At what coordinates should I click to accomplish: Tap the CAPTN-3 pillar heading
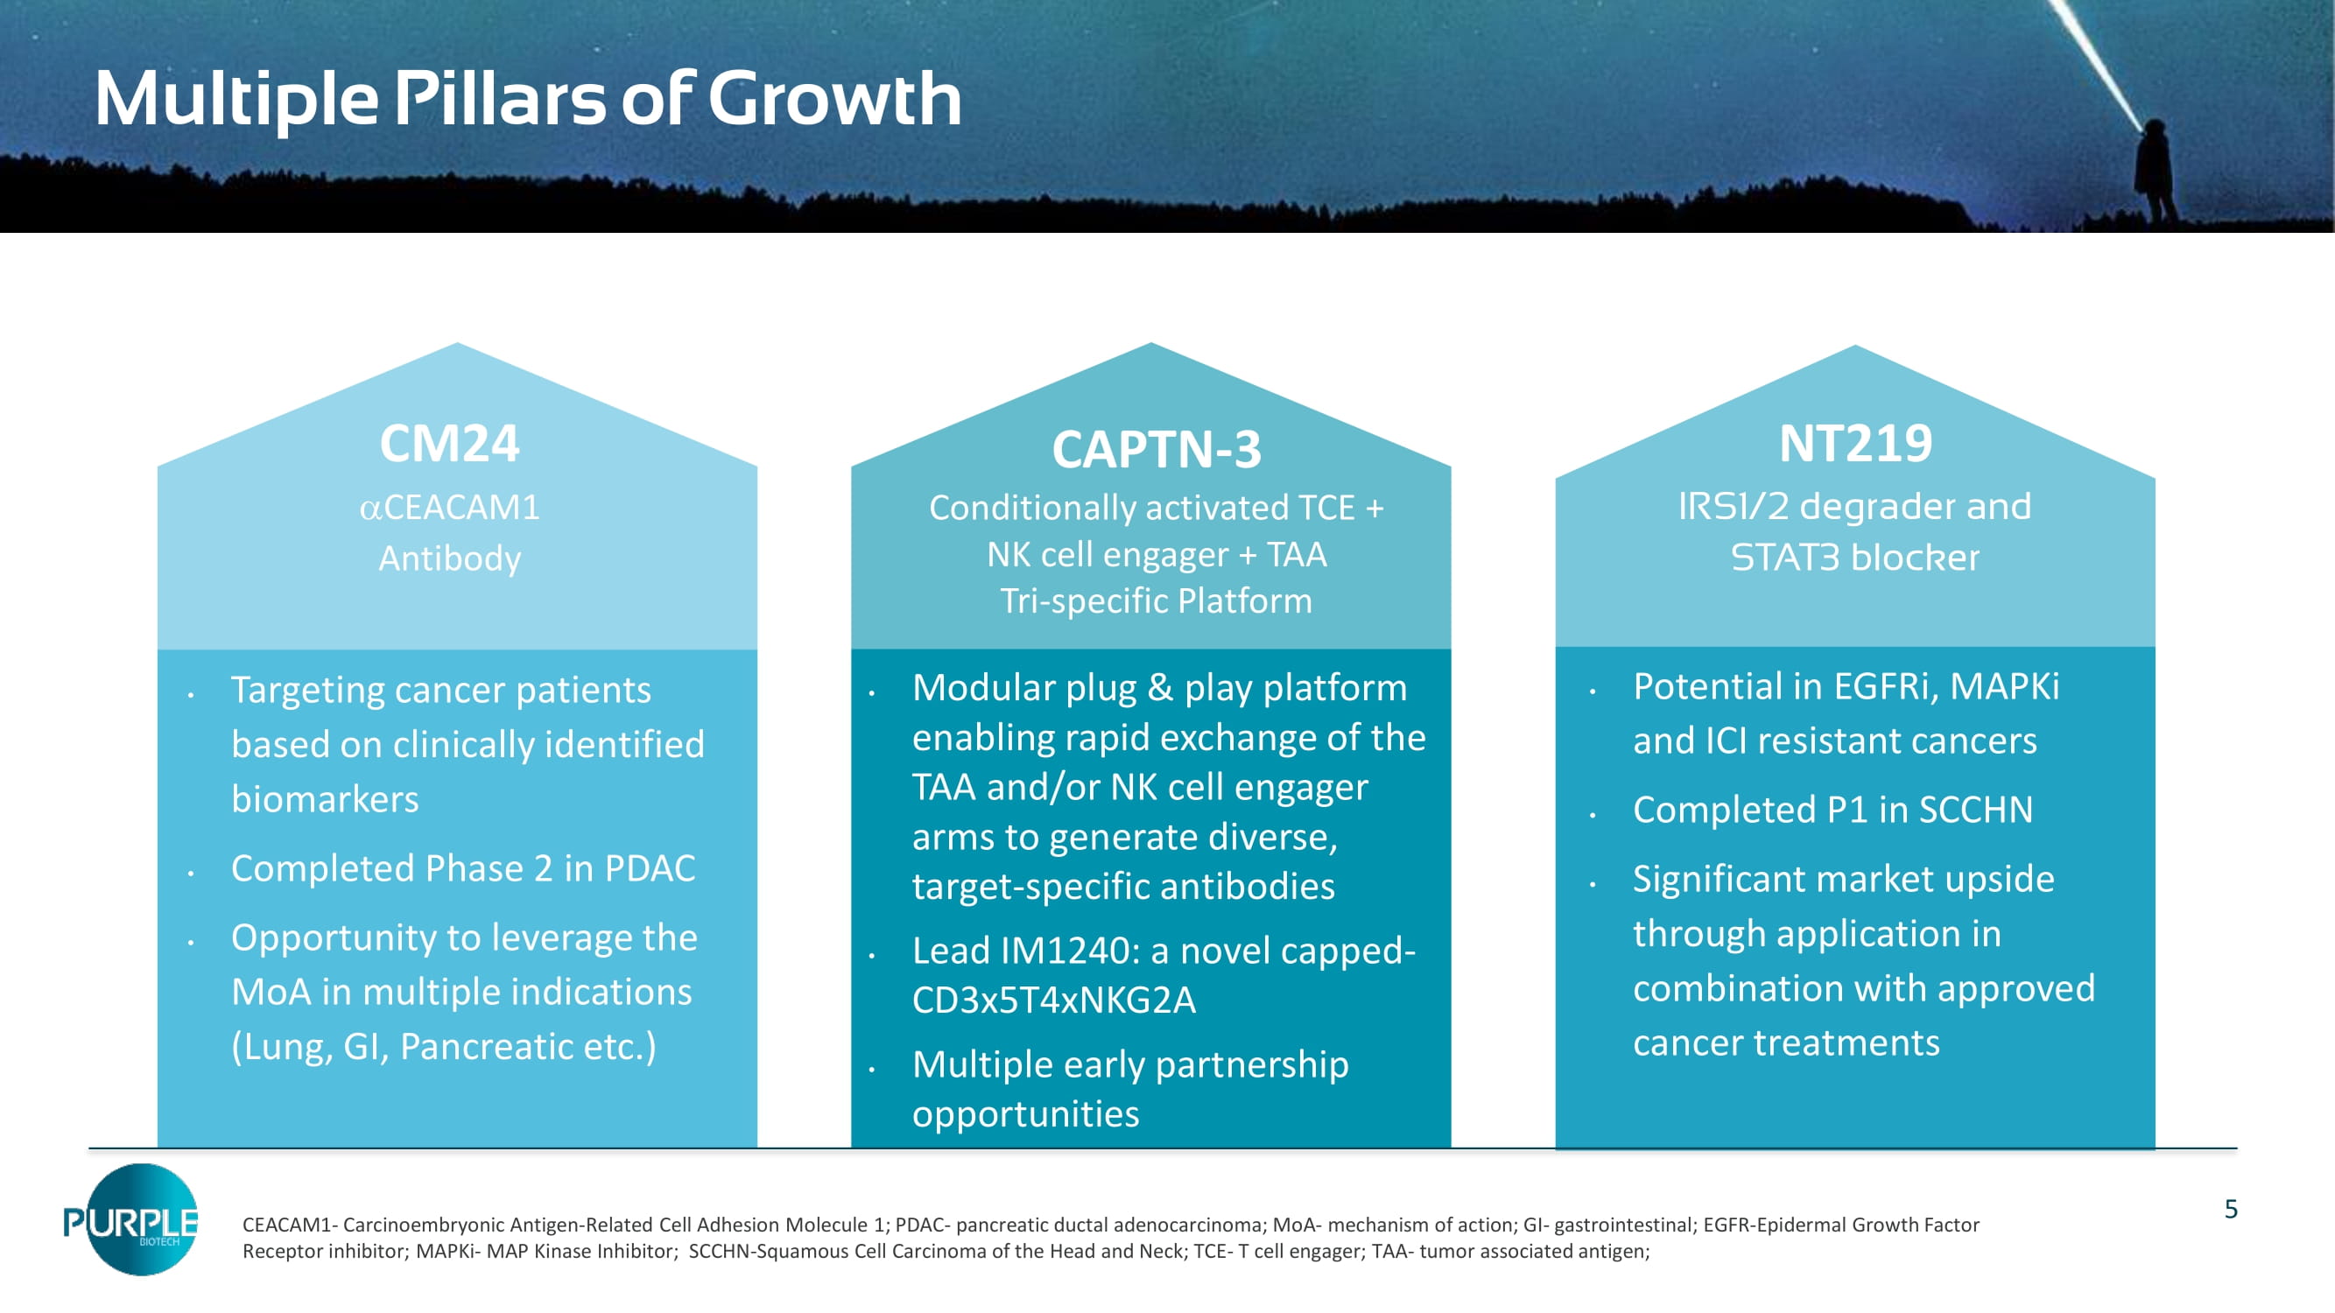point(1156,449)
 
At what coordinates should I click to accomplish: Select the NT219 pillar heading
point(1855,444)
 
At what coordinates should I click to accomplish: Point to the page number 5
point(2231,1209)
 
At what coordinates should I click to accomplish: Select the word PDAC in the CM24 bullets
point(650,868)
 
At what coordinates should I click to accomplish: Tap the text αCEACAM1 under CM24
point(450,508)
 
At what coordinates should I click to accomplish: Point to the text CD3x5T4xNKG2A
point(1053,1001)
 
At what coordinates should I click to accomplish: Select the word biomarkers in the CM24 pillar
point(325,799)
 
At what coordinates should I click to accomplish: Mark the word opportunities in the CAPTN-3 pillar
point(1024,1113)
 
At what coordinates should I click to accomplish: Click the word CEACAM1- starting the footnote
point(290,1225)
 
